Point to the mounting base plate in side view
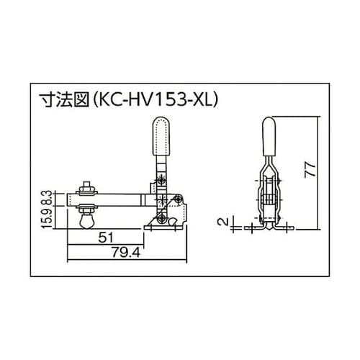166,229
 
